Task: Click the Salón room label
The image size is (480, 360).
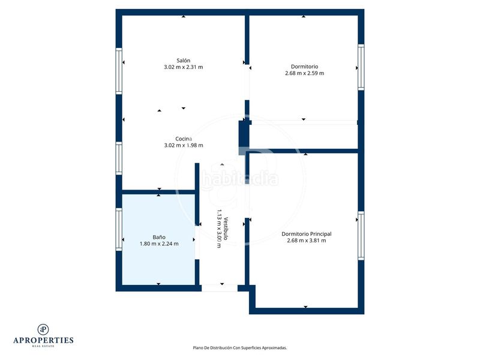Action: (183, 61)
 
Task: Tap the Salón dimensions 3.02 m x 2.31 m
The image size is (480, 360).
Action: (184, 67)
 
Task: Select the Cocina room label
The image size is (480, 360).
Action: (184, 139)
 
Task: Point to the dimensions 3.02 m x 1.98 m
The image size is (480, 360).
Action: (184, 145)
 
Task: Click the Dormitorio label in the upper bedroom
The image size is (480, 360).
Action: (304, 67)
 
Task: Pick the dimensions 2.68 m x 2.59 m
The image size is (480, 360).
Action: (304, 73)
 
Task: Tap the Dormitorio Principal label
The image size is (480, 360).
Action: (307, 234)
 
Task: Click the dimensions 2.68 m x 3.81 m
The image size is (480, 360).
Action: (307, 241)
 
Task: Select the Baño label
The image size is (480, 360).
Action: (159, 237)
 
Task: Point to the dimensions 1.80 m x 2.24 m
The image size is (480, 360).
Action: (159, 244)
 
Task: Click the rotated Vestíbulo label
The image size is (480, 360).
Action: (226, 229)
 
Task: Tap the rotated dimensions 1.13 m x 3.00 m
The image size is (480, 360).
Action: (219, 229)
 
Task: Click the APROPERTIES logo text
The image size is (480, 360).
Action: (43, 340)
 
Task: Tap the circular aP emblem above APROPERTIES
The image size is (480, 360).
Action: (43, 329)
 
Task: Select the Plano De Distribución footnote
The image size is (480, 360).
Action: (239, 348)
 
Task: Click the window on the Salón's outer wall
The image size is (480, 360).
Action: (119, 71)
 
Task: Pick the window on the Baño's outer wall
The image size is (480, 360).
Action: (119, 230)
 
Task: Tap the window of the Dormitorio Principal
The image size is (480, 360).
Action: (361, 236)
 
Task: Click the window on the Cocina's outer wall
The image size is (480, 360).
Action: (119, 158)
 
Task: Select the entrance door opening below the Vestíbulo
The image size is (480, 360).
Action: (220, 288)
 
